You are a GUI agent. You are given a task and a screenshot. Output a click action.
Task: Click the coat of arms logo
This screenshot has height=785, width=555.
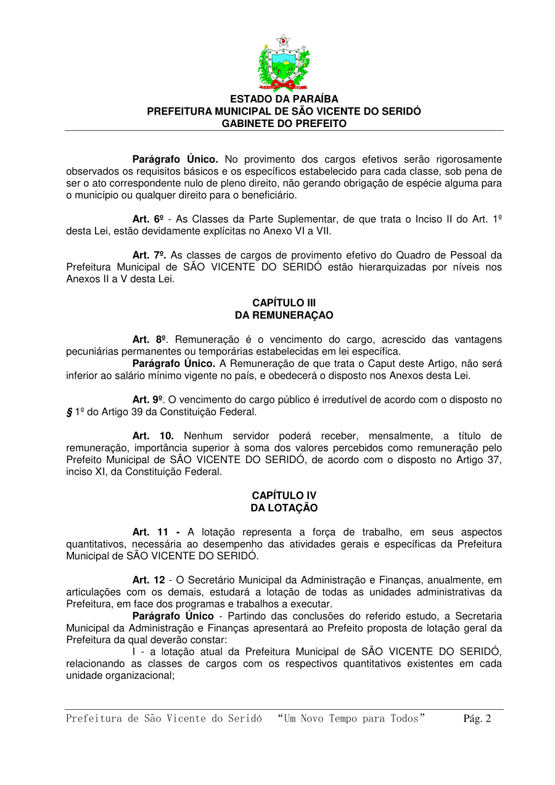284,64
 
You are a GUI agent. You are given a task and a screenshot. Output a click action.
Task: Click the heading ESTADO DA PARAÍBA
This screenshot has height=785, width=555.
284,99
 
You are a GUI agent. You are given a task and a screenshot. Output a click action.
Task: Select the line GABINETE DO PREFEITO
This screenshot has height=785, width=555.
284,123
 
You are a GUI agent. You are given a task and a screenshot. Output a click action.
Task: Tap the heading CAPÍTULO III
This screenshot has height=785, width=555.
284,303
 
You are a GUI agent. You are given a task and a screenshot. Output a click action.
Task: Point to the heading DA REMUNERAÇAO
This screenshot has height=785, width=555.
284,315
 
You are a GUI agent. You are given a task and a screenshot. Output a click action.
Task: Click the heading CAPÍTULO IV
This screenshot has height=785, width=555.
284,495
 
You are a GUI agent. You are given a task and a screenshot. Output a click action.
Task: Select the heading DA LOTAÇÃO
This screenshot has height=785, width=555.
284,508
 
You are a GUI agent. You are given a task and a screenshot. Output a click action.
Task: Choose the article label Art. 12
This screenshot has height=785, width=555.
149,580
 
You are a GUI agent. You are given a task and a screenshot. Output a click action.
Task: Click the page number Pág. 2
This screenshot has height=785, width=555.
477,718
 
